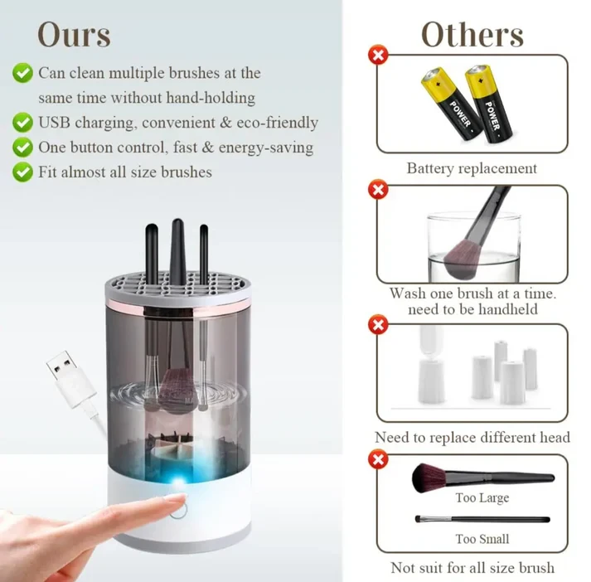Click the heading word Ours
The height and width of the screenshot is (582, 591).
74,35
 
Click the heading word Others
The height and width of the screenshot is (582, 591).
472,35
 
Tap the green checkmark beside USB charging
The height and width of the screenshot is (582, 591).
22,123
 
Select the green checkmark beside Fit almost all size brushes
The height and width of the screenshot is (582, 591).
22,172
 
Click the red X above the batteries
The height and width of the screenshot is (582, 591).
378,56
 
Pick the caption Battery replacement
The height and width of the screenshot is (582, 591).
472,168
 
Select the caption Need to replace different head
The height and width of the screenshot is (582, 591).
472,437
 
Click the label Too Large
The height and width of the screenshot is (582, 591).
482,498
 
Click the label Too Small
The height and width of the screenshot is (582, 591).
482,539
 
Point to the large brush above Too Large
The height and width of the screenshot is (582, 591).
481,477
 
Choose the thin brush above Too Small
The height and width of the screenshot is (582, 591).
481,519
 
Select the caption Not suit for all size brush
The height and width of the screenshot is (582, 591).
472,568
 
